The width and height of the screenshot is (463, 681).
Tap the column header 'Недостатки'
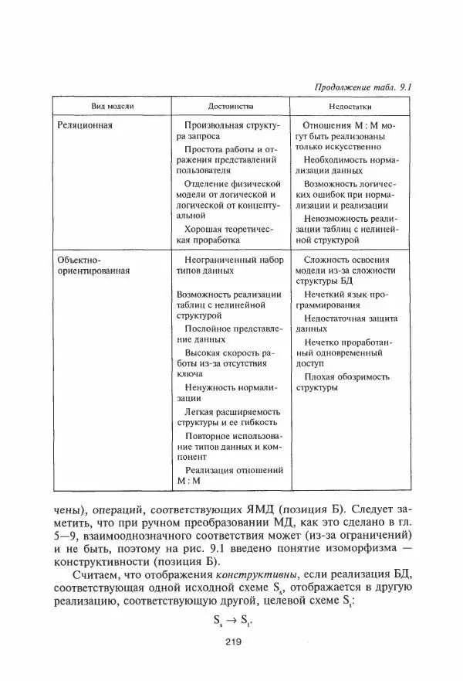(350, 104)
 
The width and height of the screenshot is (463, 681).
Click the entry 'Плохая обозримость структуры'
(345, 382)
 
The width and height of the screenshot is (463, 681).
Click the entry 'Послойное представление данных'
(225, 333)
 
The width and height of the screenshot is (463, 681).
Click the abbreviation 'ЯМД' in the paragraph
(281, 511)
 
